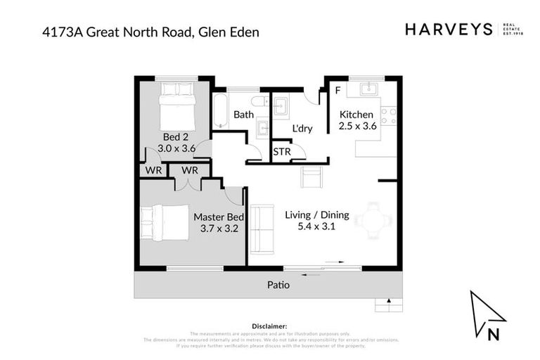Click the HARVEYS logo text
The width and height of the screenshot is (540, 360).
[x=449, y=30]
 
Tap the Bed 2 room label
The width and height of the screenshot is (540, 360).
[x=176, y=142]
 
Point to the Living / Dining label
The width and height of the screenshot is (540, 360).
[x=316, y=220]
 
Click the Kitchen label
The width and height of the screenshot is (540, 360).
[x=358, y=120]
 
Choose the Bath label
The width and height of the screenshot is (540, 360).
[x=243, y=115]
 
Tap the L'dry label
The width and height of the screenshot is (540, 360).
[x=302, y=129]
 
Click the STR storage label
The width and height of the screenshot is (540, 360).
[x=281, y=152]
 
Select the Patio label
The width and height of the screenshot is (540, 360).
[x=278, y=285]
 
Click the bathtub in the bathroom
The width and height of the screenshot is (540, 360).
[x=220, y=111]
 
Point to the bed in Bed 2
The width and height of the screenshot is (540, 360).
[x=176, y=103]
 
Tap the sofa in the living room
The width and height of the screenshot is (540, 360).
[x=262, y=229]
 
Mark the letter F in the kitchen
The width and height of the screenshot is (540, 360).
[x=337, y=91]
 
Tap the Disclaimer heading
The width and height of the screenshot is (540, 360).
[x=269, y=326]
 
